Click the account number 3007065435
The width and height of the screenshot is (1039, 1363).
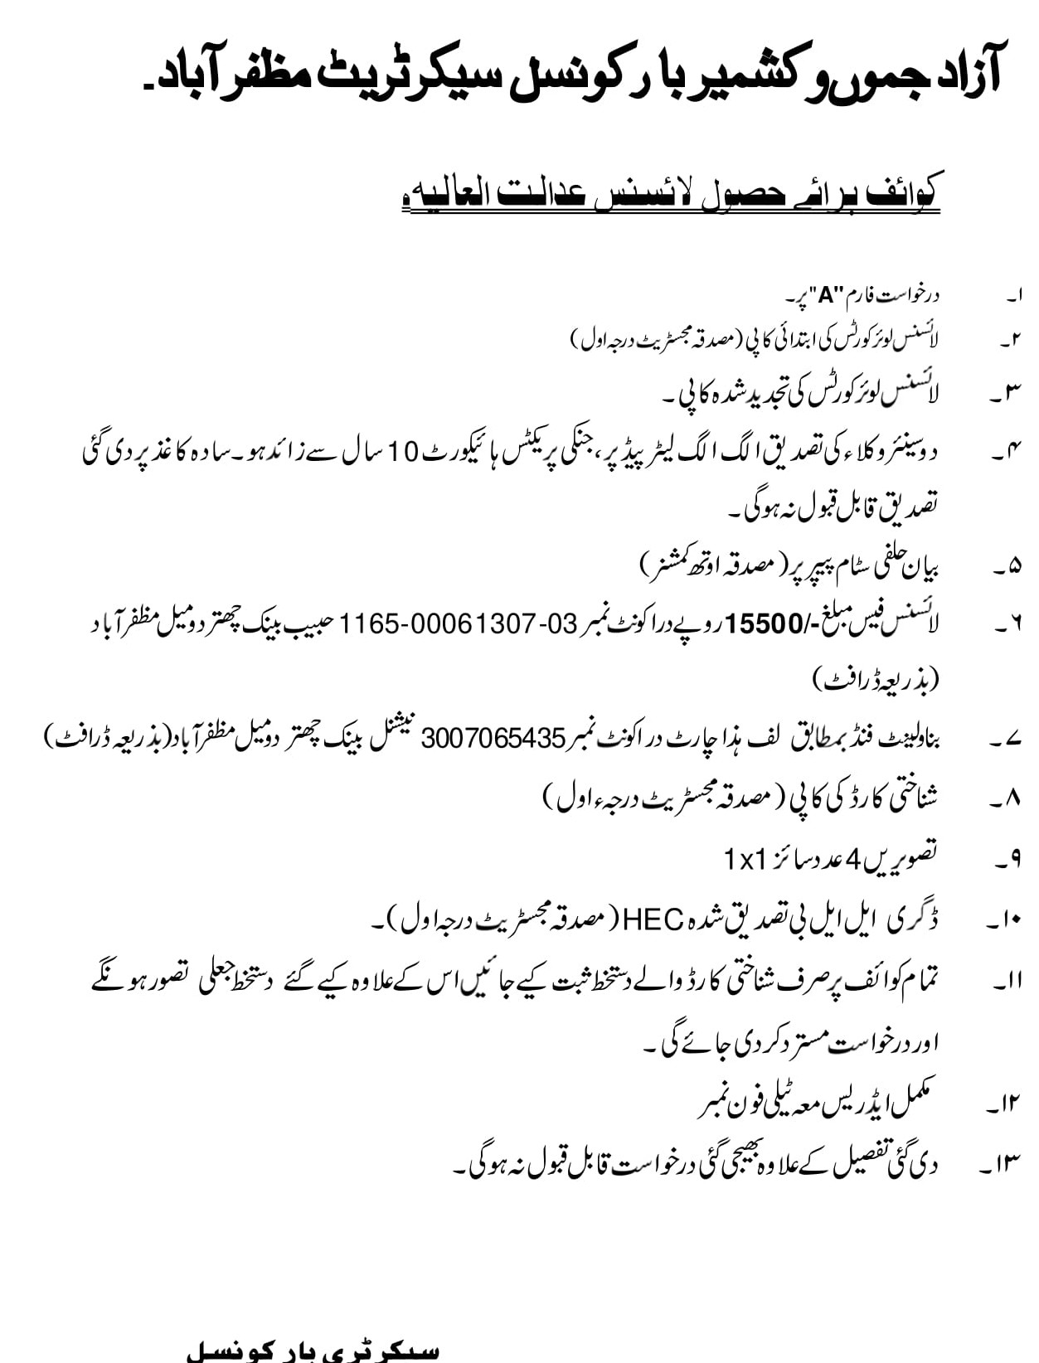pyautogui.click(x=493, y=738)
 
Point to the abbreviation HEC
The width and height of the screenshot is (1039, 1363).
pyautogui.click(x=653, y=919)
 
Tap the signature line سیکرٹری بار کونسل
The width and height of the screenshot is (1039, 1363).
pyautogui.click(x=312, y=1351)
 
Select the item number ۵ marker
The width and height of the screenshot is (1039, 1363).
pyautogui.click(x=1007, y=568)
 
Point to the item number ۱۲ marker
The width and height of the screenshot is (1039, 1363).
pyautogui.click(x=1004, y=1104)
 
